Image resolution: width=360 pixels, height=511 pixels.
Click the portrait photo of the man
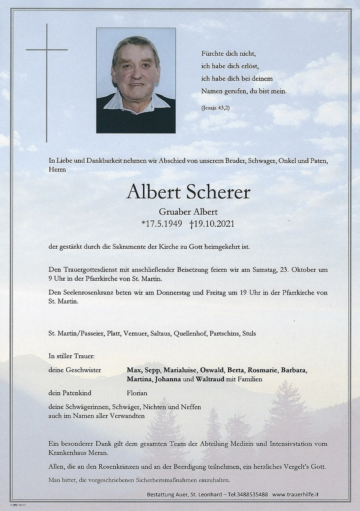tap(136, 81)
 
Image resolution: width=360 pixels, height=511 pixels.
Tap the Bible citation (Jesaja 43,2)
tap(216, 108)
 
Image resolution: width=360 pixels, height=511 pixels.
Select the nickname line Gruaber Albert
tap(188, 212)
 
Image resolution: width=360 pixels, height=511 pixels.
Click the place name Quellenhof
tap(190, 333)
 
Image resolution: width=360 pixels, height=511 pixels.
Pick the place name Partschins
tap(224, 333)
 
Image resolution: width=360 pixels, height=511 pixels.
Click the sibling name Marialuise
tap(180, 370)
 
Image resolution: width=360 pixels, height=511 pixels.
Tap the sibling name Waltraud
tap(210, 379)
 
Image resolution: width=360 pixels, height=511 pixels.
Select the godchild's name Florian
tap(137, 393)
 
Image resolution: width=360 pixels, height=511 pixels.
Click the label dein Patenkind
tap(70, 393)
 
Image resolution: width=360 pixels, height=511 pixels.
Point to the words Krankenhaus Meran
tap(78, 452)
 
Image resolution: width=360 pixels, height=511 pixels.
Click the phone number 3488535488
tap(253, 494)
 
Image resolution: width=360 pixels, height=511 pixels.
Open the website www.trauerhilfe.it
tap(295, 494)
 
